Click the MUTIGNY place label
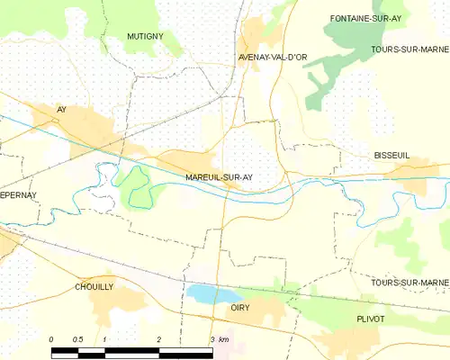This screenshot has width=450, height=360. (144, 37)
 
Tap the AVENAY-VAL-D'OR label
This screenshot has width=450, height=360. (273, 58)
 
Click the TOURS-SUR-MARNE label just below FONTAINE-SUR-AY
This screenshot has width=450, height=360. (409, 49)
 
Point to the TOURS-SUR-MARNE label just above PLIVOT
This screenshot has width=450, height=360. (409, 283)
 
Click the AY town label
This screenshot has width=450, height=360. (62, 109)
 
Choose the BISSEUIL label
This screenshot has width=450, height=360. (391, 156)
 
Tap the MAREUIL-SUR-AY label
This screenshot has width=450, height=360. (219, 177)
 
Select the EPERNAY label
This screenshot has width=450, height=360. (17, 194)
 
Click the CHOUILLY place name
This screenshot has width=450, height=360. (94, 286)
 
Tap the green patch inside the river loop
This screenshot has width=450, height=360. (132, 185)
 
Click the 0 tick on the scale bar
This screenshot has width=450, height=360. (51, 339)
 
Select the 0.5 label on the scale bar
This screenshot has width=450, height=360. (78, 339)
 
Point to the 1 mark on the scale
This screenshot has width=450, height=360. (105, 339)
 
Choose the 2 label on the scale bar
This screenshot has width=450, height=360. (158, 339)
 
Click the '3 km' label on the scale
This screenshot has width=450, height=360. (219, 339)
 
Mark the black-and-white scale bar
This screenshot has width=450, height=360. (131, 349)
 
